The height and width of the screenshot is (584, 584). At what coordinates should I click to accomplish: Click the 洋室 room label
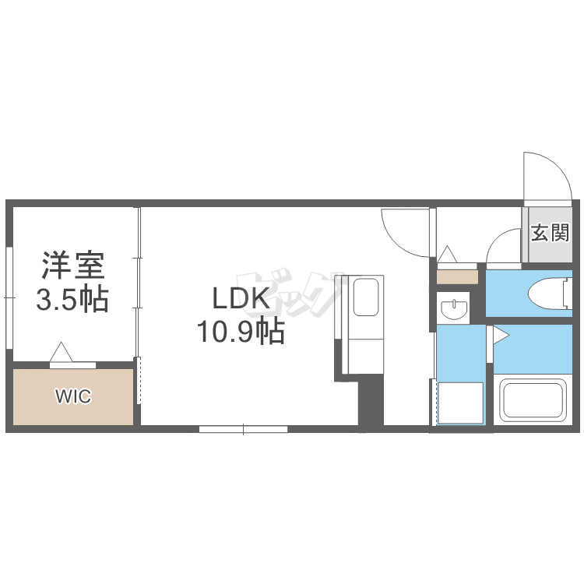pyautogui.click(x=73, y=266)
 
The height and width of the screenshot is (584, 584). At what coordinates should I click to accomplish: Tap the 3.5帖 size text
pyautogui.click(x=72, y=299)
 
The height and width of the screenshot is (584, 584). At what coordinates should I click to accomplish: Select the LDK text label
pyautogui.click(x=241, y=298)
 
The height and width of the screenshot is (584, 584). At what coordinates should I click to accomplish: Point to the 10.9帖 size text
pyautogui.click(x=241, y=331)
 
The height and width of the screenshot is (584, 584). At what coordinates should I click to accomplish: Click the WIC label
pyautogui.click(x=73, y=396)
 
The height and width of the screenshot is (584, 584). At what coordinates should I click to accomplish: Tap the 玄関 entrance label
pyautogui.click(x=550, y=233)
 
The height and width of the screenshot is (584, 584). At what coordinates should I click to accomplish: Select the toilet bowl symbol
pyautogui.click(x=550, y=293)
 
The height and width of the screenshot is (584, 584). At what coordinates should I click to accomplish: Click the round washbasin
pyautogui.click(x=455, y=309)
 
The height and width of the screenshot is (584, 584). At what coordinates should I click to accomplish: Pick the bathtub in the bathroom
pyautogui.click(x=533, y=400)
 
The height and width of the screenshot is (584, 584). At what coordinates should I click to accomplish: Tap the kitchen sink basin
pyautogui.click(x=366, y=297)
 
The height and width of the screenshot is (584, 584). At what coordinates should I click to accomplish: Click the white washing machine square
pyautogui.click(x=460, y=403)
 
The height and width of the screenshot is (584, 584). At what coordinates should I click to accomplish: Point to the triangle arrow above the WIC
pyautogui.click(x=61, y=352)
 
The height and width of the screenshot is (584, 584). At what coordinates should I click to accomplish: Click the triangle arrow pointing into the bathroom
pyautogui.click(x=501, y=335)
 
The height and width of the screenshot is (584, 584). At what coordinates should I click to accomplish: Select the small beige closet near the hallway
pyautogui.click(x=457, y=277)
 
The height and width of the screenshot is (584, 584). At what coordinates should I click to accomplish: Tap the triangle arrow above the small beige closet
pyautogui.click(x=447, y=255)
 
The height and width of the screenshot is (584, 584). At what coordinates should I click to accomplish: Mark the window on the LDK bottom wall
pyautogui.click(x=243, y=429)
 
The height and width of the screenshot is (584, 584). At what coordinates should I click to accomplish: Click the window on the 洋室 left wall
pyautogui.click(x=9, y=298)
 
